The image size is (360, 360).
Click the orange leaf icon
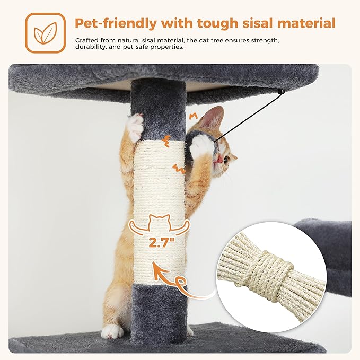pyautogui.click(x=45, y=33)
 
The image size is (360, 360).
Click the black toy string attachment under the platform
pyautogui.click(x=280, y=92)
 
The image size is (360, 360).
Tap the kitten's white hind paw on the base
pyautogui.click(x=112, y=331)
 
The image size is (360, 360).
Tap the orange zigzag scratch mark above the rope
pyautogui.click(x=168, y=140)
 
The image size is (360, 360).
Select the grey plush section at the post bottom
pyautogui.click(x=160, y=310)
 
